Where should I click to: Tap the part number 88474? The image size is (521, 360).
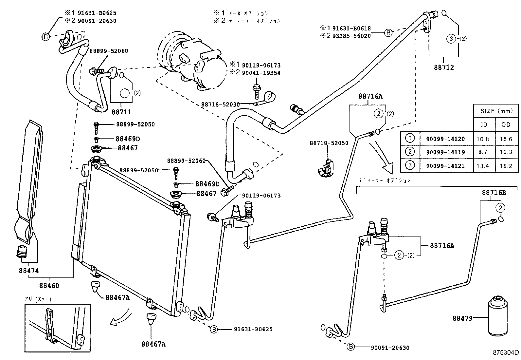point(29,271)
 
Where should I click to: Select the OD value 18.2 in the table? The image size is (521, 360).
point(506,166)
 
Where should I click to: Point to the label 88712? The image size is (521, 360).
point(444,67)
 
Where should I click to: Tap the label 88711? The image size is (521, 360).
point(121,112)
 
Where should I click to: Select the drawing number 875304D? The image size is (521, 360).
point(506,353)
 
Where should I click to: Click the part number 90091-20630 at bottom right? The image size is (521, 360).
point(390,348)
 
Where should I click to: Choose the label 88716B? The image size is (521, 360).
point(494,193)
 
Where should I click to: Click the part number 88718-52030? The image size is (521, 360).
point(220,104)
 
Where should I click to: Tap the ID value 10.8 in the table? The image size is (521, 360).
point(482,139)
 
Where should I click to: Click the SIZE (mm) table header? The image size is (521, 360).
point(496,111)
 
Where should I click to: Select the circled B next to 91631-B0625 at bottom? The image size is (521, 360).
point(213,329)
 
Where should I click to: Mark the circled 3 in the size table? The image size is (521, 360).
point(410,166)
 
